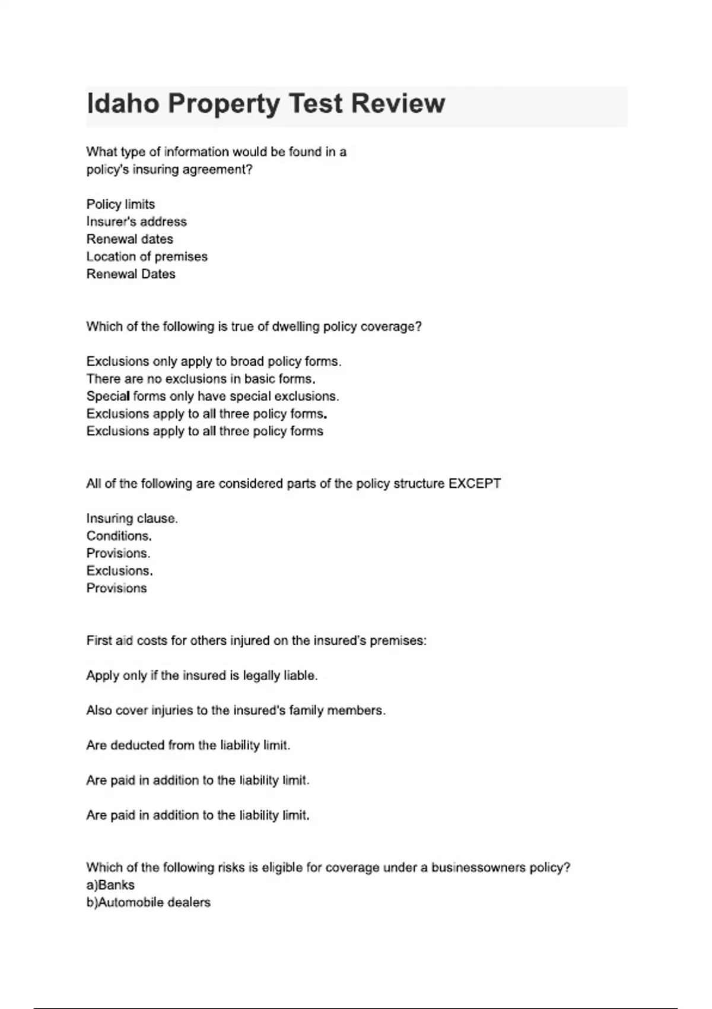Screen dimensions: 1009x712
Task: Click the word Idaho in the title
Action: click(123, 104)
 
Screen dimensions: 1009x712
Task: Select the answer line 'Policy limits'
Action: click(120, 204)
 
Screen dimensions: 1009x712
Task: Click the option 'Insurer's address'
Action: click(136, 221)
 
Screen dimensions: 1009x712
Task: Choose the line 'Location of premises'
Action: click(147, 256)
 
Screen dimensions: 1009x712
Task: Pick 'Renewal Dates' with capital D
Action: click(131, 274)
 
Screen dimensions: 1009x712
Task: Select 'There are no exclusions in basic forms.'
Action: click(201, 379)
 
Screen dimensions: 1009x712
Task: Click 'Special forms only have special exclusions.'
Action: click(212, 396)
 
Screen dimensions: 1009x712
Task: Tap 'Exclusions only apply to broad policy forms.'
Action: click(214, 361)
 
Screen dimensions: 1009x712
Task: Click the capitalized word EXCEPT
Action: click(475, 484)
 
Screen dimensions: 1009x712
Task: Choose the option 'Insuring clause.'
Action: click(132, 519)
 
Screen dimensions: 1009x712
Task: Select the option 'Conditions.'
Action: click(119, 536)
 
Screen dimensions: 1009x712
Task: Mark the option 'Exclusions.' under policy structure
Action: click(119, 571)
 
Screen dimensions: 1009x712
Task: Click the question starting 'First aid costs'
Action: click(256, 641)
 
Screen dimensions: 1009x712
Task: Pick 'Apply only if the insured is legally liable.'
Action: click(202, 675)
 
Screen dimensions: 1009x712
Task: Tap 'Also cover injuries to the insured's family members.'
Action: click(236, 710)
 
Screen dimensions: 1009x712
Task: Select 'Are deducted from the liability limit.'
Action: click(188, 745)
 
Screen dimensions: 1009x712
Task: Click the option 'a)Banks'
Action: click(110, 885)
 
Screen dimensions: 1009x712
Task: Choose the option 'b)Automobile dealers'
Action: click(148, 903)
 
